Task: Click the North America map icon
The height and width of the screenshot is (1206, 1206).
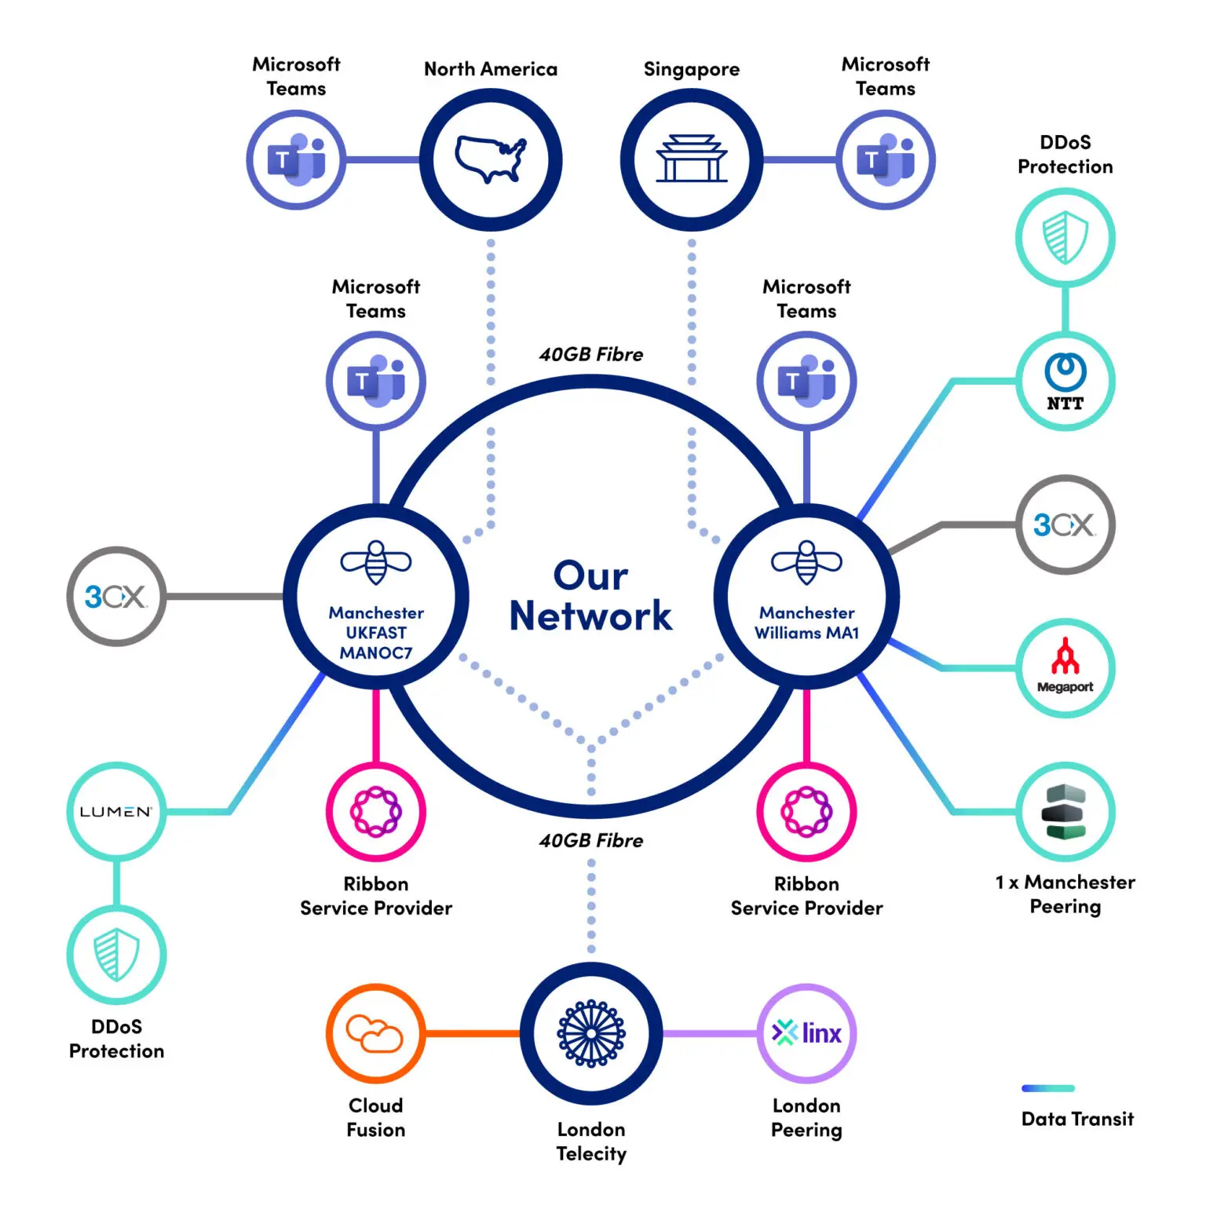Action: coord(491,159)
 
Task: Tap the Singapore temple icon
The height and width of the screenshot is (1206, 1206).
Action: coord(691,159)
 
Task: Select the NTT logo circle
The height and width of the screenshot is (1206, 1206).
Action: coord(1065,382)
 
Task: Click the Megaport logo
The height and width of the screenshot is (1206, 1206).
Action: coord(1065,667)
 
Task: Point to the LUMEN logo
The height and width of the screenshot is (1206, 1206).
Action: coord(115,811)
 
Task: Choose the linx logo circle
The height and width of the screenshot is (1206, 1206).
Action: coord(806,1033)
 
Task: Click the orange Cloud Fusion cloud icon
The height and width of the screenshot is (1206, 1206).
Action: coord(375,1033)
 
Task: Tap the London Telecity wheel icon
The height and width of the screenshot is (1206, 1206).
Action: coord(591,1033)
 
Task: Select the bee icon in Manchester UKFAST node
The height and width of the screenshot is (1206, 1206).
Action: coord(376,562)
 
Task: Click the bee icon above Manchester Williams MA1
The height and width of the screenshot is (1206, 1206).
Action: coord(806,562)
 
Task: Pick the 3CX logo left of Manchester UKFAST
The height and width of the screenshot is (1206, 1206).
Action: coord(115,597)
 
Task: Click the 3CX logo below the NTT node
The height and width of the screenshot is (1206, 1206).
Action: coord(1065,524)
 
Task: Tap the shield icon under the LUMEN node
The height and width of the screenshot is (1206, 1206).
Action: coord(116,955)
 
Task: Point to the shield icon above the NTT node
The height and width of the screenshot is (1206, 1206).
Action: coord(1065,237)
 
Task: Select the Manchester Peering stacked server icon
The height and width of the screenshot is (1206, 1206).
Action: coord(1065,811)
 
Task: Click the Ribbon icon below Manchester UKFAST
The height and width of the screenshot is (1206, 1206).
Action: coord(376,811)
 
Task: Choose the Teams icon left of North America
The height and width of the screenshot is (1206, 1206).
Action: coord(296,159)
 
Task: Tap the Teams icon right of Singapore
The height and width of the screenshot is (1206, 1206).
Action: coord(886,159)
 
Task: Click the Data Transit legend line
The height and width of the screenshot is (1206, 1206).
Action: coord(1047,1088)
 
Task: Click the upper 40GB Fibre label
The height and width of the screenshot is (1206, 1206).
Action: coord(590,355)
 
